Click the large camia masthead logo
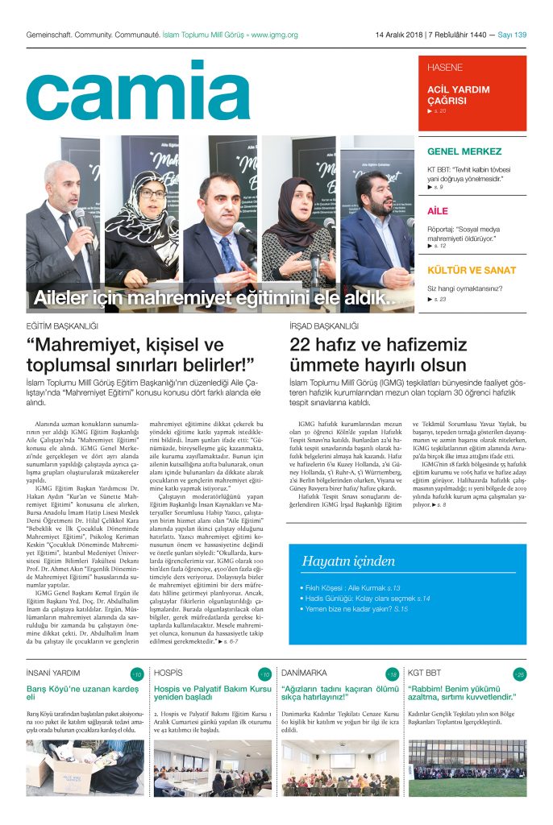point(138,91)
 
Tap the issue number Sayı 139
point(512,35)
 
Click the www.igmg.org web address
point(274,35)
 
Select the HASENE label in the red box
point(445,67)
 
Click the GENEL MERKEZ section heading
point(464,151)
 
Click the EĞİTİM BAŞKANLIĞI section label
point(62,325)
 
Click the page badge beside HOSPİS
point(264,674)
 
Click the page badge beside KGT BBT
point(519,674)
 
